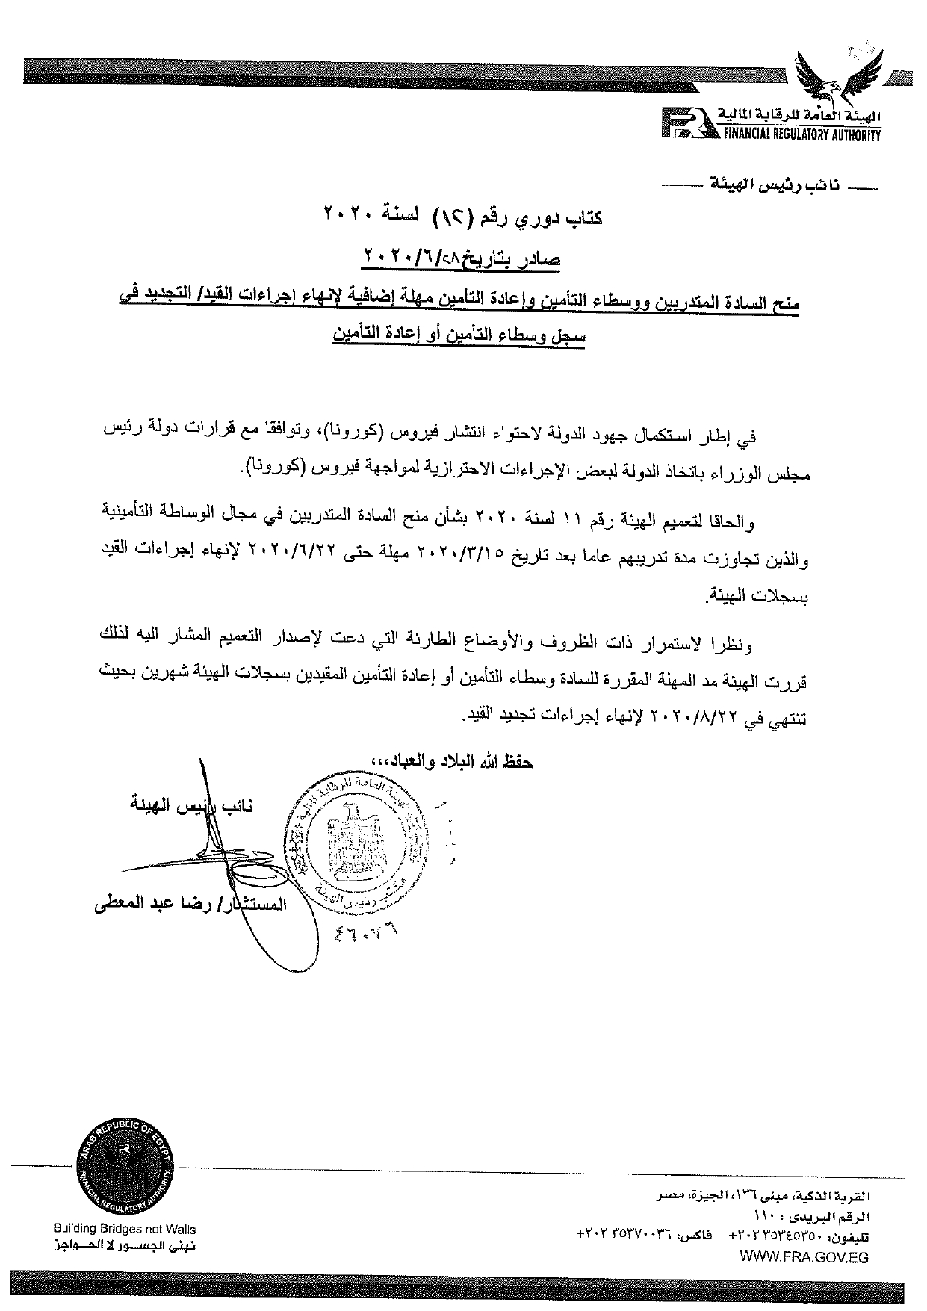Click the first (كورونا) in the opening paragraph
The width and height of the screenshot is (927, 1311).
(x=350, y=433)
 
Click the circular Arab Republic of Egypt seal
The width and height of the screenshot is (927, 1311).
(x=126, y=1171)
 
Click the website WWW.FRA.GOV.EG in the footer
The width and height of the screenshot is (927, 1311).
(x=804, y=1257)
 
